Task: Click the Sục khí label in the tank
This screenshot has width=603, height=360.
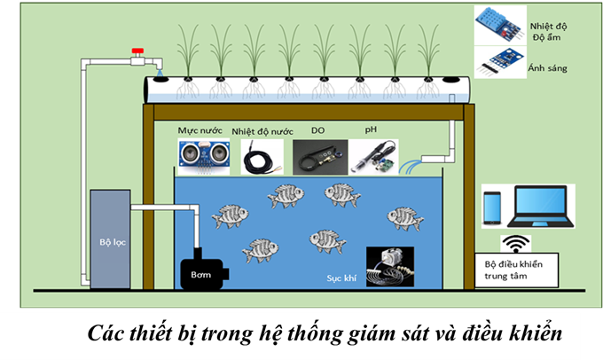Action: [x=340, y=278]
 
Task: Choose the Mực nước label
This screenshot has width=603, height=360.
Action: [x=199, y=131]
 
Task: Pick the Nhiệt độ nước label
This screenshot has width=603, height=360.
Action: [x=262, y=131]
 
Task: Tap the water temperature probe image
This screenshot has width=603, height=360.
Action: [x=262, y=157]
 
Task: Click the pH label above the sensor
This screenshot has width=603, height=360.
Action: [x=371, y=130]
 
